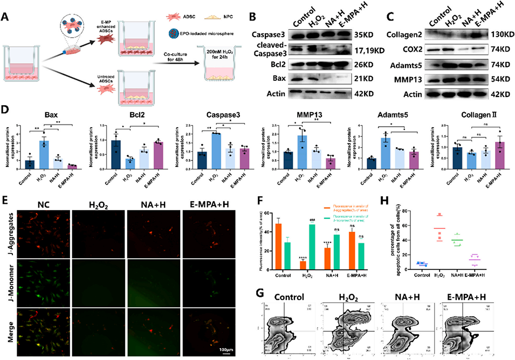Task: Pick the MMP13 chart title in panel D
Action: [293, 115]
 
